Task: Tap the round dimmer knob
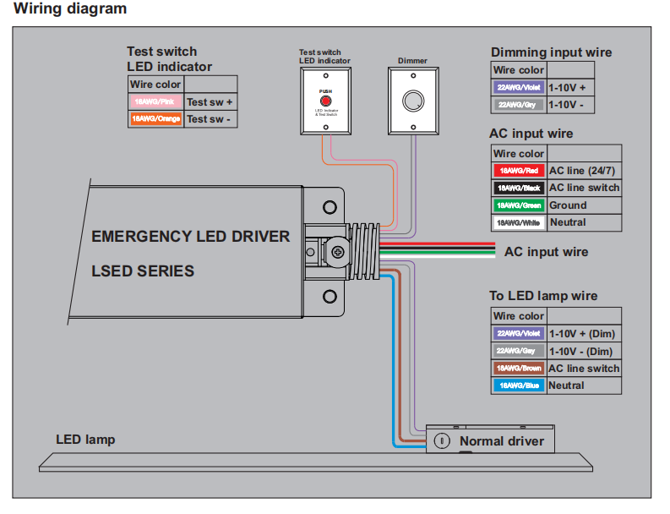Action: pos(412,100)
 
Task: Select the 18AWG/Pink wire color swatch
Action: pos(156,101)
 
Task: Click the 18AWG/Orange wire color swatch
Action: pos(156,119)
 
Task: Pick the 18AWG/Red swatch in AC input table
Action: pos(519,171)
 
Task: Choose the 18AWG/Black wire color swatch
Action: pos(519,188)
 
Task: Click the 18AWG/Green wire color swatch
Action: pos(519,205)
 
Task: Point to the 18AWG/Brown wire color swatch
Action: pos(519,369)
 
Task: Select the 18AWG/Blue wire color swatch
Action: pos(519,385)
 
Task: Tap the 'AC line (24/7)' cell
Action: pos(584,171)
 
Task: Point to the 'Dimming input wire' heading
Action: pos(551,52)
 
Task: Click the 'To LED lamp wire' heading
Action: pos(543,296)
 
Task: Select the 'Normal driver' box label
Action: pos(501,441)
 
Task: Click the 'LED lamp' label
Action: pos(85,440)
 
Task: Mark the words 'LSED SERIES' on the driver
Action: pos(143,271)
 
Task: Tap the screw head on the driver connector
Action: pos(339,251)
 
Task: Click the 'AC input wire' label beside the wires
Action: pos(546,252)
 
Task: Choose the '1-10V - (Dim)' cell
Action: pos(580,352)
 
